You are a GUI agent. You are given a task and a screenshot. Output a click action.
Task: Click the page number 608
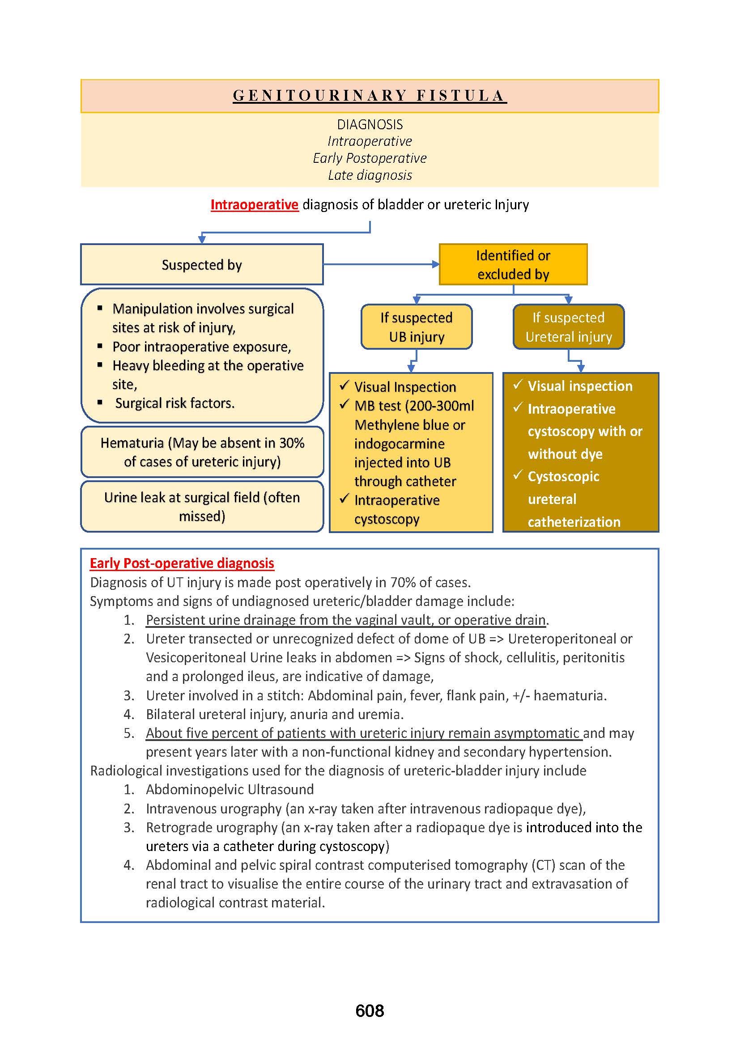click(370, 1011)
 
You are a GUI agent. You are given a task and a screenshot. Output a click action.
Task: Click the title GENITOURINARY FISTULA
click(370, 96)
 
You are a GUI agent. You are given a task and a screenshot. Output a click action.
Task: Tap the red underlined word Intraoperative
click(254, 204)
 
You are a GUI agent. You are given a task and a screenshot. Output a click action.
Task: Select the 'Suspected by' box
click(202, 265)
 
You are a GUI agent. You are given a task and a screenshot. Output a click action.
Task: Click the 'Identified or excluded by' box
click(513, 265)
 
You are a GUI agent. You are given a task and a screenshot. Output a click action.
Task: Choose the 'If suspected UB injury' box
click(417, 327)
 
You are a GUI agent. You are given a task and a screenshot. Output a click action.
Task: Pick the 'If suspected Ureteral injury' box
click(568, 327)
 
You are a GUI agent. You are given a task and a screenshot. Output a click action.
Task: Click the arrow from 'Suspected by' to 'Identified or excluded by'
click(381, 264)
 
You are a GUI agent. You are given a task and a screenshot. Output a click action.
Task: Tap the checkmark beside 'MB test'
click(344, 405)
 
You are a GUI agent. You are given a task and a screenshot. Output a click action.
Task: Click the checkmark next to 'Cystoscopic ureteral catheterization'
click(518, 475)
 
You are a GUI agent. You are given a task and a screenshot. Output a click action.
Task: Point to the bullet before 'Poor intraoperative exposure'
click(100, 347)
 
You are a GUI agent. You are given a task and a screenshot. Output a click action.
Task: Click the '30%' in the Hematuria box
click(291, 443)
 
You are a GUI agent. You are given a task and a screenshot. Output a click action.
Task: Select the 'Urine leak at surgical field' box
click(202, 507)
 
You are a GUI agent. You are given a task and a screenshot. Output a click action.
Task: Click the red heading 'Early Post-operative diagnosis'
click(182, 563)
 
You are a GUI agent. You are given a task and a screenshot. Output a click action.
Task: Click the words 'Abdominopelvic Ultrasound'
click(230, 789)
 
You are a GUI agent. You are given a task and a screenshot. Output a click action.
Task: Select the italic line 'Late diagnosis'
click(370, 175)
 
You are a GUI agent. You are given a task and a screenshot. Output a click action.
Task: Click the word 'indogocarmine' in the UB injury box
click(399, 444)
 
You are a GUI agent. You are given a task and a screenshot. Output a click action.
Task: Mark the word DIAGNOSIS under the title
click(370, 124)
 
